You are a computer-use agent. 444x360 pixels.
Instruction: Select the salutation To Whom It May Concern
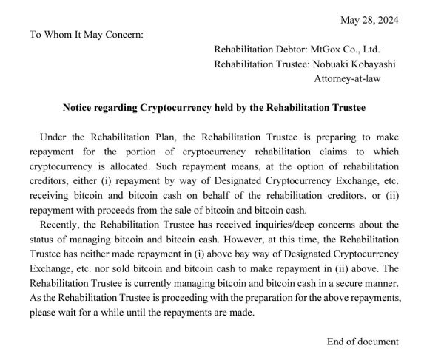point(86,34)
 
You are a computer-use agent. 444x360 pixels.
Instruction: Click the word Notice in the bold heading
point(78,107)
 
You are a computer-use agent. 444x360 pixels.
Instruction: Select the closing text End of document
point(363,342)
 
